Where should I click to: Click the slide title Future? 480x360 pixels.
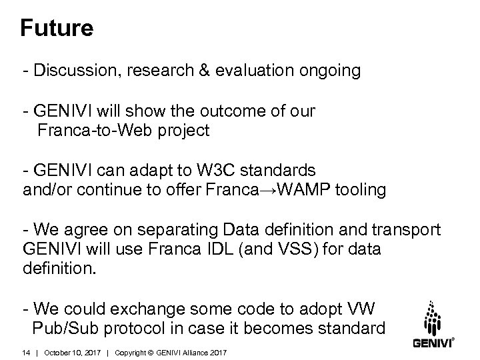point(56,29)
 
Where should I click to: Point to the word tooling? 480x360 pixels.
point(360,190)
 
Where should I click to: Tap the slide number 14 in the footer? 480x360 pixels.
point(27,351)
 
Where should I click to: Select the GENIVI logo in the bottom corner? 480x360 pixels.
point(433,326)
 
